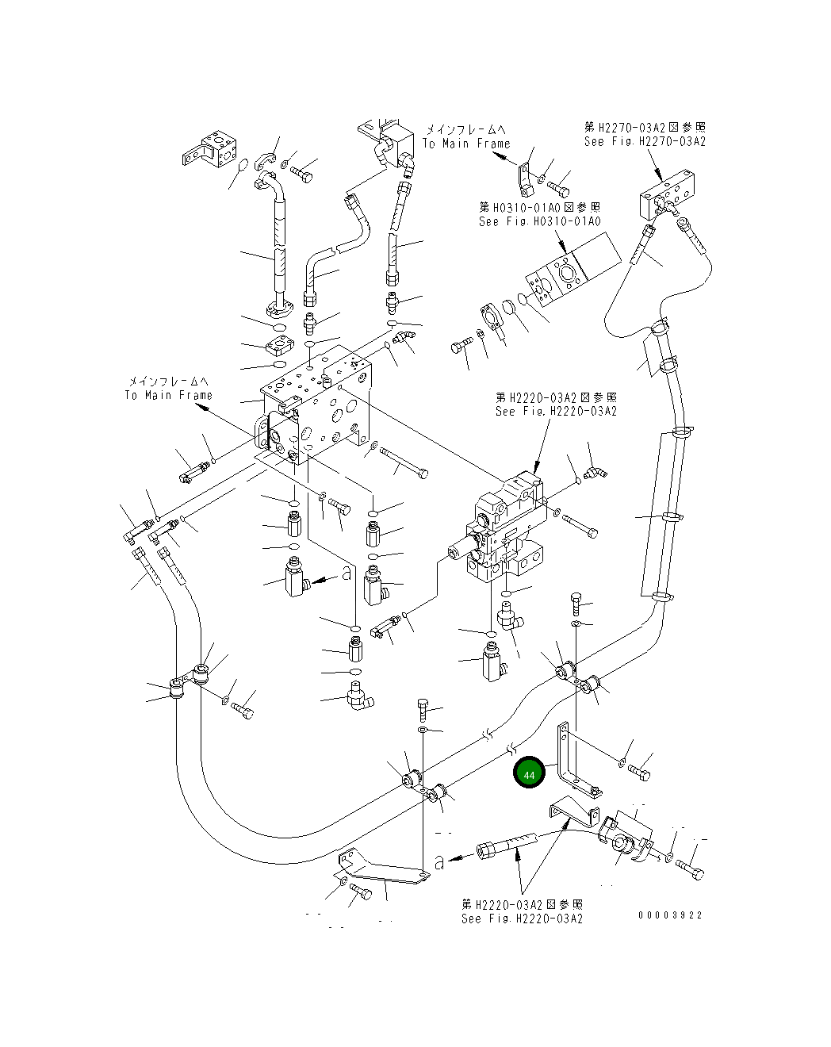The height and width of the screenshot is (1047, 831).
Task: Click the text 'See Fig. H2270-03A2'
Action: [x=645, y=141]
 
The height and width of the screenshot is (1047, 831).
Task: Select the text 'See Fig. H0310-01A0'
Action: [x=539, y=222]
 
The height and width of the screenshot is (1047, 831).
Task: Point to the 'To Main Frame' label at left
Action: [x=168, y=395]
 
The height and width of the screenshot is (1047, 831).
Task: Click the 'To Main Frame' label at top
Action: [x=466, y=144]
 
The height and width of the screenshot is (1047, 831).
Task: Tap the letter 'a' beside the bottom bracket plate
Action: [x=439, y=863]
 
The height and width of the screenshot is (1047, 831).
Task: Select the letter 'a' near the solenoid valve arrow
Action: [x=346, y=573]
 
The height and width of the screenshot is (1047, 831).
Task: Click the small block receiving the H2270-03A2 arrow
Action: [x=667, y=194]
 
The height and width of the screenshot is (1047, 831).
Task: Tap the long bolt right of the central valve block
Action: [x=404, y=463]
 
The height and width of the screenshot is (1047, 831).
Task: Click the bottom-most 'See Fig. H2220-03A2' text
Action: [x=522, y=919]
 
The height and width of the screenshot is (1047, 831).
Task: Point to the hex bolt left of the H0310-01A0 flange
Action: [x=462, y=345]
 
